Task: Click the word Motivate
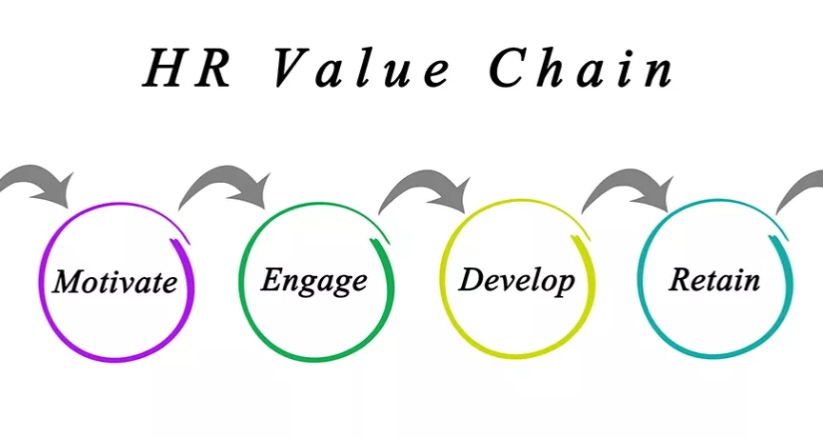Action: pyautogui.click(x=115, y=282)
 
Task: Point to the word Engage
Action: pyautogui.click(x=314, y=280)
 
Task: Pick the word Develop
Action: pyautogui.click(x=517, y=280)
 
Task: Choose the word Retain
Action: pyautogui.click(x=714, y=280)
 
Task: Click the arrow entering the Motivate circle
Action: pyautogui.click(x=38, y=184)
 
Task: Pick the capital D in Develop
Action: pyautogui.click(x=472, y=280)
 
